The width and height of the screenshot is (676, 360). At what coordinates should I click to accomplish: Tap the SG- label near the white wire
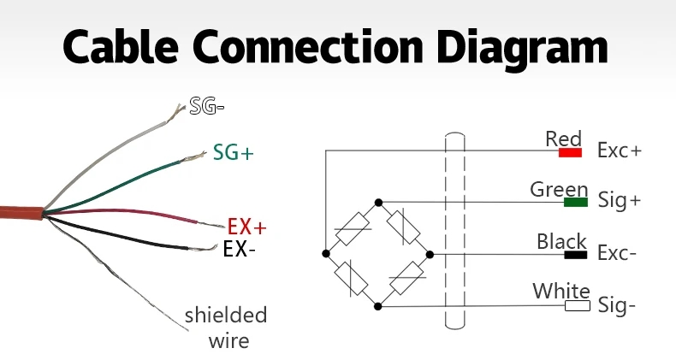(x=206, y=108)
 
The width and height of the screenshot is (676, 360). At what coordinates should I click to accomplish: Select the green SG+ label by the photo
(x=234, y=153)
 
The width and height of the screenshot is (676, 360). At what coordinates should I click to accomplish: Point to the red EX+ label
(x=247, y=227)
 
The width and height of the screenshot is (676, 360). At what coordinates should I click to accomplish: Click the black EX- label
(x=239, y=250)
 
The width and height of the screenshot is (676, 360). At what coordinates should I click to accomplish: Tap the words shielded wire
(x=226, y=328)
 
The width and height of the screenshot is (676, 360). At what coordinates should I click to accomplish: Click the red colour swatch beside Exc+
(x=570, y=152)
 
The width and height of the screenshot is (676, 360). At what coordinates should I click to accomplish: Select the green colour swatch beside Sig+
(x=576, y=203)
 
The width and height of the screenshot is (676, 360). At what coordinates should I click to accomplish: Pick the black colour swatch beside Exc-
(x=575, y=254)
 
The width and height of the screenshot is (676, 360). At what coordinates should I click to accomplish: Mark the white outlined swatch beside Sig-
(x=577, y=305)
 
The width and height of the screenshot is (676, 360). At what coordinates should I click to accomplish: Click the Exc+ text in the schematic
(x=620, y=151)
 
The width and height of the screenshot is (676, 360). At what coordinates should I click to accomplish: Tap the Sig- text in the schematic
(x=617, y=305)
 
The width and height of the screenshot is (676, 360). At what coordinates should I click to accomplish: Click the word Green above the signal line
(x=559, y=189)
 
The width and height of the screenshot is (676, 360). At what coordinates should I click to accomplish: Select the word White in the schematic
(x=561, y=291)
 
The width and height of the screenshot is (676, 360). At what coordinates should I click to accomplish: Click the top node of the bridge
(x=378, y=202)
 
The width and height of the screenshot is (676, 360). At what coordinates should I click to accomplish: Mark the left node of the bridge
(x=326, y=254)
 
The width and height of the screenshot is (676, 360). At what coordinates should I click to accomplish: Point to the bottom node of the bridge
(x=378, y=305)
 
